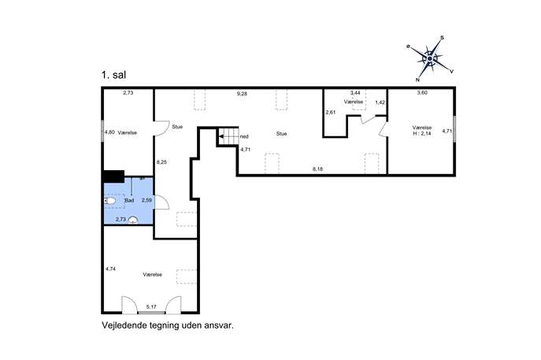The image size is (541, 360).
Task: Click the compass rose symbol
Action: [x=430, y=58]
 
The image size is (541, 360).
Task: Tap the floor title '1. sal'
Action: [x=113, y=75]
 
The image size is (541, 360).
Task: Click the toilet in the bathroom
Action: [x=109, y=201]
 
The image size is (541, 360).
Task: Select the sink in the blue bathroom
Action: [x=133, y=221]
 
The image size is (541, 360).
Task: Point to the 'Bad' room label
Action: [x=129, y=200]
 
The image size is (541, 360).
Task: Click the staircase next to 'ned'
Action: [x=228, y=136]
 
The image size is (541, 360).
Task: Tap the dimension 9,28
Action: [x=242, y=94]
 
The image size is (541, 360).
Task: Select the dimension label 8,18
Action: [x=318, y=169]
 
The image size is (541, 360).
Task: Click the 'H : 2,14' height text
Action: [x=422, y=134]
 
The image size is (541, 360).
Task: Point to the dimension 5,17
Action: [x=151, y=306]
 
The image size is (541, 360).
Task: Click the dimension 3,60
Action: [x=422, y=92]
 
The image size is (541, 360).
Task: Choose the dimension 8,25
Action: [x=161, y=161]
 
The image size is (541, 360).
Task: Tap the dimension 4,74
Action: [x=110, y=269]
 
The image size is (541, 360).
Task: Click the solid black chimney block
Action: [x=114, y=176]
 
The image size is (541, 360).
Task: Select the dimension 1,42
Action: [x=380, y=102]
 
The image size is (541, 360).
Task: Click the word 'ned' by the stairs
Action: [x=244, y=136]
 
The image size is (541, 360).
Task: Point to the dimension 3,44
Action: [x=355, y=93]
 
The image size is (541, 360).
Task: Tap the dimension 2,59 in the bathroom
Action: [x=146, y=200]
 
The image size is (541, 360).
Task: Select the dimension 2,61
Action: [x=331, y=112]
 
